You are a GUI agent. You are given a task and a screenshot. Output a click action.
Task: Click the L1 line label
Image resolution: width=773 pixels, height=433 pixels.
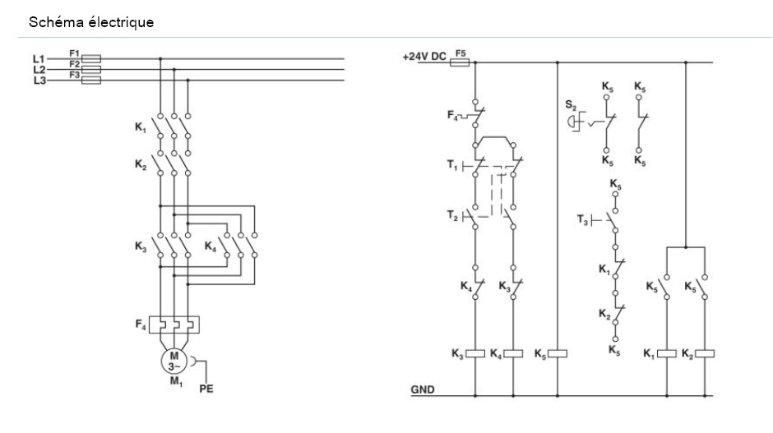pyautogui.click(x=38, y=58)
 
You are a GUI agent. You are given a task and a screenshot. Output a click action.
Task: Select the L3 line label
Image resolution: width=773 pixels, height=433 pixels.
pyautogui.click(x=38, y=80)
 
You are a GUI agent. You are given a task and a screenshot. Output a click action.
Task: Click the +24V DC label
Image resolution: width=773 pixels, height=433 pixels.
pyautogui.click(x=425, y=57)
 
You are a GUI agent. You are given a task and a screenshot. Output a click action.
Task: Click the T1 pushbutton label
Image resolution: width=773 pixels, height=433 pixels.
pyautogui.click(x=453, y=166)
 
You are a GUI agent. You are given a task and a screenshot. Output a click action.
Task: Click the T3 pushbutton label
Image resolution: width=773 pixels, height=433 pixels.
pyautogui.click(x=583, y=219)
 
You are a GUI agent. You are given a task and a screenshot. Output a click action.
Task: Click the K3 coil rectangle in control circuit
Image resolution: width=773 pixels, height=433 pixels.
pyautogui.click(x=477, y=354)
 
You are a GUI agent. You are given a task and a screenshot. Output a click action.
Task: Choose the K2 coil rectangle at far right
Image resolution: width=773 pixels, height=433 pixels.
pyautogui.click(x=705, y=354)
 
